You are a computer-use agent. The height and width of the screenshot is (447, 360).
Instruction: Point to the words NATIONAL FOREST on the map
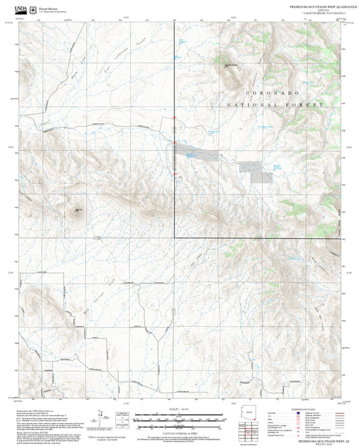(x=275, y=105)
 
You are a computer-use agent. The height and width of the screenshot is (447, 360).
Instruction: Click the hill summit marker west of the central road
(x=76, y=210)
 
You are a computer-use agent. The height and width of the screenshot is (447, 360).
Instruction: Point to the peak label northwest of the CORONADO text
(x=230, y=65)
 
